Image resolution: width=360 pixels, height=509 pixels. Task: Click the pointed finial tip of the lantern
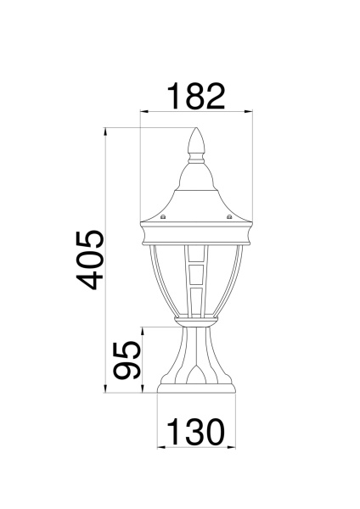click(x=197, y=131)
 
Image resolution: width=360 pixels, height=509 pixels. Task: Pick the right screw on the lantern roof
click(x=230, y=217)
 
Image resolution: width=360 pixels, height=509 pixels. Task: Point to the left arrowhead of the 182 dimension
click(x=143, y=111)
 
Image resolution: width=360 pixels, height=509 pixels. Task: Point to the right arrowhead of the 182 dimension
click(x=250, y=111)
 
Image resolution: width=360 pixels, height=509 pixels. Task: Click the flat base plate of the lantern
click(x=196, y=390)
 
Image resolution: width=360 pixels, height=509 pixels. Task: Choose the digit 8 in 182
click(x=194, y=96)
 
